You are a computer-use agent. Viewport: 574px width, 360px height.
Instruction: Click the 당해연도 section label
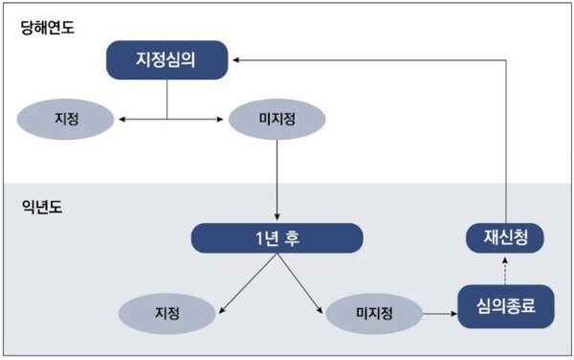click(x=49, y=28)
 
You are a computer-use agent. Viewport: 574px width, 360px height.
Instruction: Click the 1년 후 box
click(x=276, y=238)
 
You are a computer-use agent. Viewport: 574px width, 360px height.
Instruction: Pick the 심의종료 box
click(x=506, y=307)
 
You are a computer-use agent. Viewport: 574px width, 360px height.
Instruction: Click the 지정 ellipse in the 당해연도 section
click(x=66, y=119)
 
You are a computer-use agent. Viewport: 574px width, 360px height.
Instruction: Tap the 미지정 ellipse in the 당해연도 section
click(x=276, y=119)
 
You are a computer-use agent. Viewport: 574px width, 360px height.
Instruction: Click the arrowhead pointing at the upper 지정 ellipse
click(x=120, y=119)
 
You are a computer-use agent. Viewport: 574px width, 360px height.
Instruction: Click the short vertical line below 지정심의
click(x=167, y=99)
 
